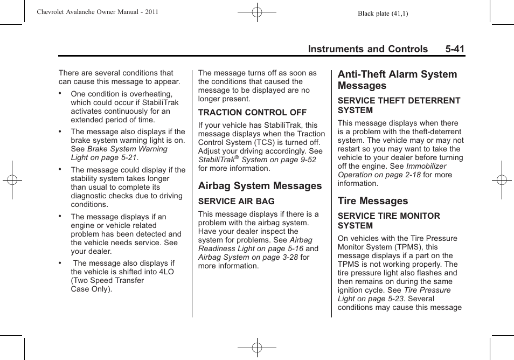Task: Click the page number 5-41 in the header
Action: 455,49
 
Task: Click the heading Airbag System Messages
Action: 260,186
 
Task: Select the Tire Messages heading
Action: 373,201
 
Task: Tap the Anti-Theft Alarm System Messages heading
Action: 397,80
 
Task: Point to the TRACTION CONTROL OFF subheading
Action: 252,113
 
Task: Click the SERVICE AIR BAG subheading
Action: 236,201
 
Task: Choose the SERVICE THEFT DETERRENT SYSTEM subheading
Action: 399,105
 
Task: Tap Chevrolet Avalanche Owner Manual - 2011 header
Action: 97,11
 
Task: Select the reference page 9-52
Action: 305,160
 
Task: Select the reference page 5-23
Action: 397,299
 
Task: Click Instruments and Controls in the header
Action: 368,49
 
